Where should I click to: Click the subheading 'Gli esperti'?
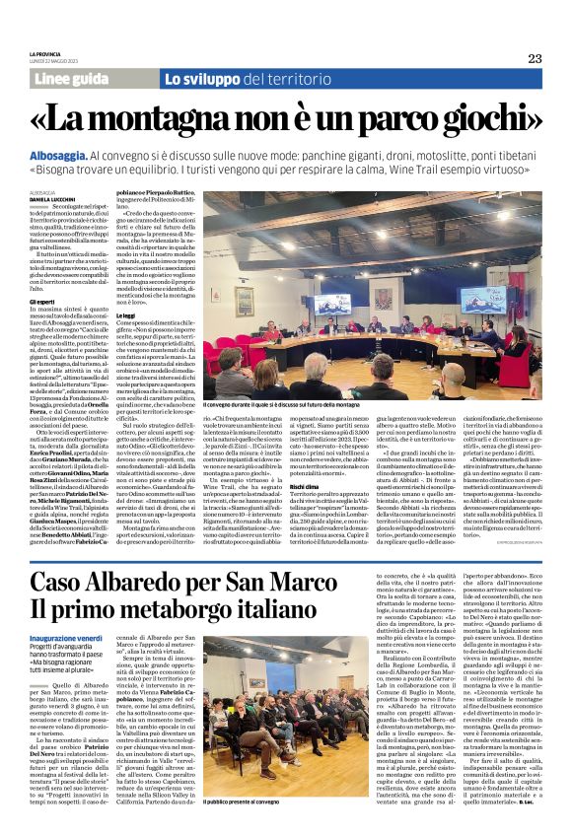[x=42, y=301]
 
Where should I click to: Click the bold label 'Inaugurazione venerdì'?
[x=66, y=639]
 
